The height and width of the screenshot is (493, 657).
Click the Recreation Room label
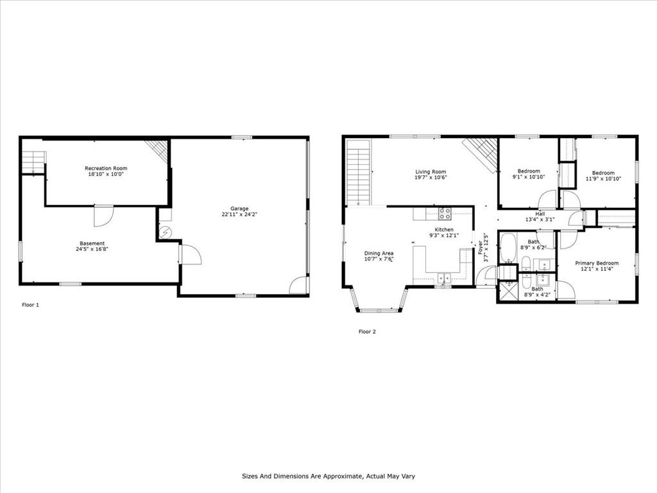point(106,169)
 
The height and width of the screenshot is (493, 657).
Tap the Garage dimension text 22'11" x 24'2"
point(239,214)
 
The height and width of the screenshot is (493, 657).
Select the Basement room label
point(92,243)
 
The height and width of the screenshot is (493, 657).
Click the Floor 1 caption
point(30,305)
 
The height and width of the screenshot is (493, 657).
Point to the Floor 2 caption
point(367,332)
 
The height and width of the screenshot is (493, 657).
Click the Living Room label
point(431,172)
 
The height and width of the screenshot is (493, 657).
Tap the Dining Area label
point(379,253)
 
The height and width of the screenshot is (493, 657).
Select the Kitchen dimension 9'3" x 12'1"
point(444,236)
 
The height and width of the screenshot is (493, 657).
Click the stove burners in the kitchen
point(445,214)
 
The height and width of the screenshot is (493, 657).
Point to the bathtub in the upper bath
point(509,248)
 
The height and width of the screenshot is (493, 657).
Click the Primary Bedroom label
point(597,263)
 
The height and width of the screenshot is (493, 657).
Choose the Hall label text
point(540,214)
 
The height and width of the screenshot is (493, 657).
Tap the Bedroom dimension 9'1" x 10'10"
point(529,177)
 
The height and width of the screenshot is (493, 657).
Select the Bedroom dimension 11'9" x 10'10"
point(603,178)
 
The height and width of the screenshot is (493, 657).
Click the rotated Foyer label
point(480,247)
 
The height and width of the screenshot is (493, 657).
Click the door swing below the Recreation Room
point(103,216)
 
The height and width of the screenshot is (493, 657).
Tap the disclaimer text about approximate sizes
point(328,476)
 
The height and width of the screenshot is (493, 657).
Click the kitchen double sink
point(444,277)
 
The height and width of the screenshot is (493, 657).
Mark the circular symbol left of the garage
point(166,232)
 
